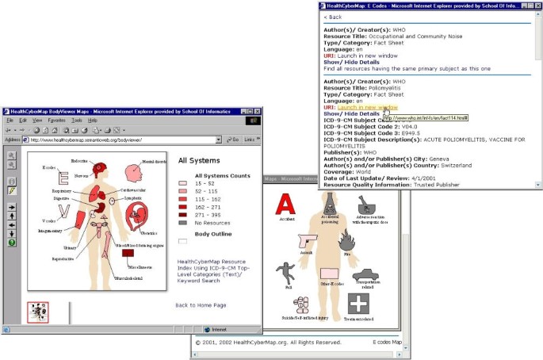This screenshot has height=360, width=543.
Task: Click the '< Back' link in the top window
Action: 333,17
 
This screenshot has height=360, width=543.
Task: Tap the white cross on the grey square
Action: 359,304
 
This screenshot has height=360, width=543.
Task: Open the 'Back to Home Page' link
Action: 201,305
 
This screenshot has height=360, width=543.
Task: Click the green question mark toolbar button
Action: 12,243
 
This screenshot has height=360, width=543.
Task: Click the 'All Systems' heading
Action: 199,160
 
